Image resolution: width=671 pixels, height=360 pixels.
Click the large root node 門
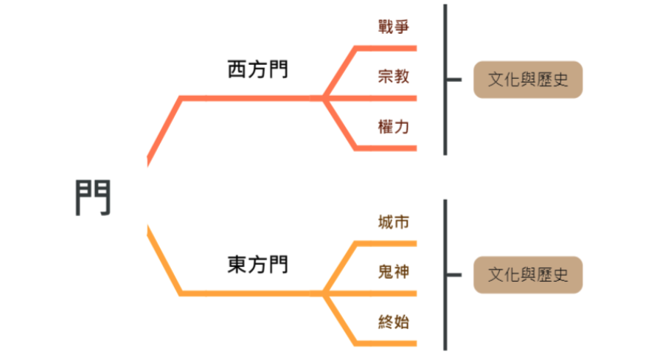coord(93,196)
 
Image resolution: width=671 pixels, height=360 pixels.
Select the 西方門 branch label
coord(257,70)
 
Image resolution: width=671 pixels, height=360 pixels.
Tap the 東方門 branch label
coord(257,264)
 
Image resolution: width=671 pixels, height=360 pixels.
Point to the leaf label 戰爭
coord(393,27)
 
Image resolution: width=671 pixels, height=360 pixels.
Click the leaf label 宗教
coord(393,76)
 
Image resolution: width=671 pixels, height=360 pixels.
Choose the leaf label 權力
coord(393,126)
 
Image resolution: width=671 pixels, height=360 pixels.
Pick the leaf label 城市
coord(393,222)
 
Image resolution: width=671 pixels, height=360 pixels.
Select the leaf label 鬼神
coord(393,271)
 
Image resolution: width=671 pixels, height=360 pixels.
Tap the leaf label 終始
coord(393,322)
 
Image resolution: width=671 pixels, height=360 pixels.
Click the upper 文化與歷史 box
coord(528,79)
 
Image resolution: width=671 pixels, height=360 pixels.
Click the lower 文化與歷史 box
coord(528,275)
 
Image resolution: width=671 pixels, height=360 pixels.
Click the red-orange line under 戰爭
coord(387,48)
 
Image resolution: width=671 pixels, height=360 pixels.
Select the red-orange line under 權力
coord(387,148)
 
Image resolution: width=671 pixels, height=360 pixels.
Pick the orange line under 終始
coord(387,343)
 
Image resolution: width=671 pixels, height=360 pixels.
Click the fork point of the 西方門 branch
coord(324,97)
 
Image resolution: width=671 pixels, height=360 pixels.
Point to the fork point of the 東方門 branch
coord(324,294)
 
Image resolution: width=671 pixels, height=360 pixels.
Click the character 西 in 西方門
coord(237,70)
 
